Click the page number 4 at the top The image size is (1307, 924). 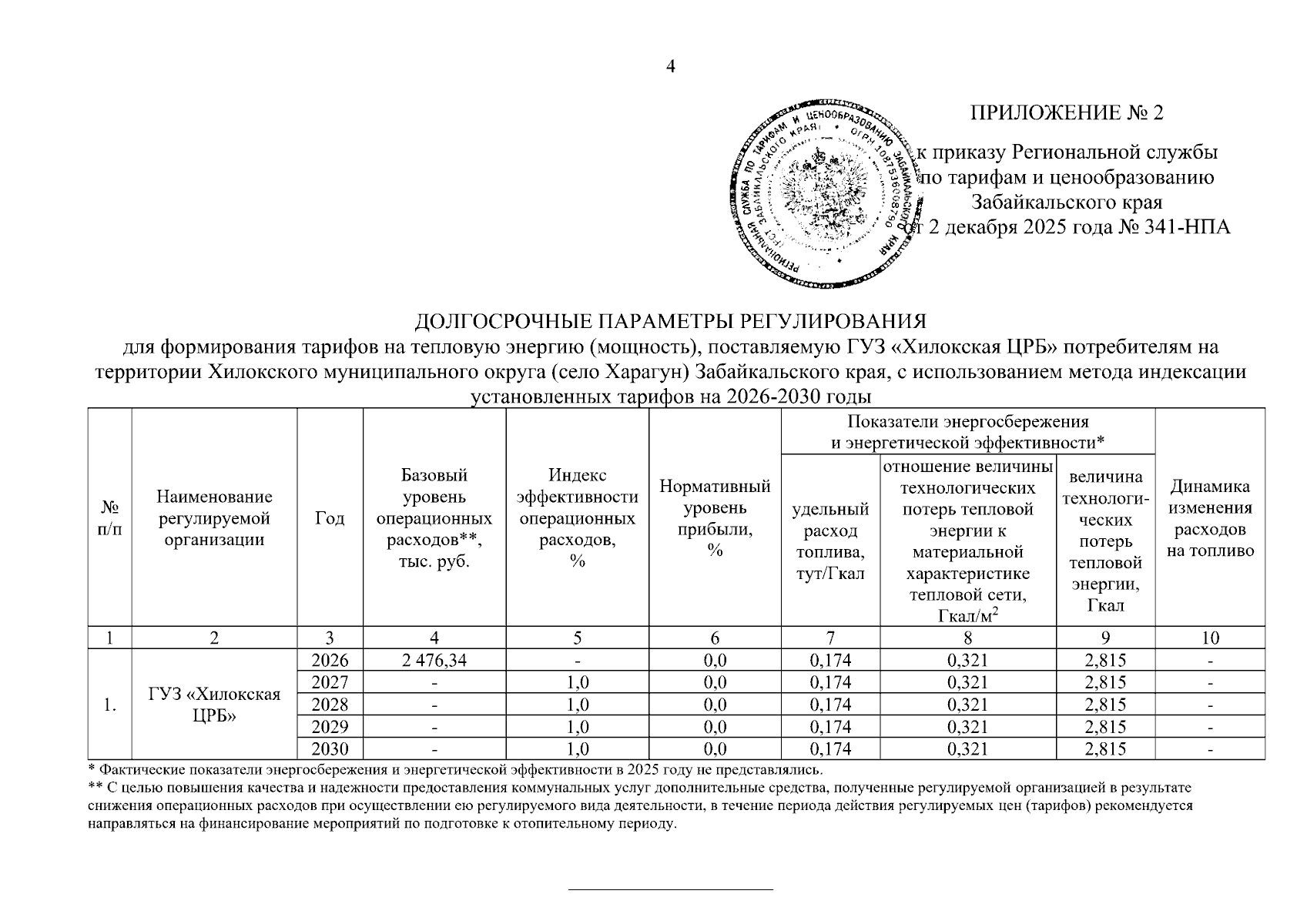670,67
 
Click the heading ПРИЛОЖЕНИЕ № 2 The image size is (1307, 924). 1067,113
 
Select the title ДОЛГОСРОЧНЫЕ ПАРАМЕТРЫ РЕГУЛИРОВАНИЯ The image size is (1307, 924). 669,321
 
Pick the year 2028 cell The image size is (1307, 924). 330,705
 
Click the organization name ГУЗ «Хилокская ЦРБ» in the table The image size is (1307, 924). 214,705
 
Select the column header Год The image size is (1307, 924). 330,518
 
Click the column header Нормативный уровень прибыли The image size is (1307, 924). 715,517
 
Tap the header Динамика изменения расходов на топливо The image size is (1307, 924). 1210,518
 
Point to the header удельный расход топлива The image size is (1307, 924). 830,541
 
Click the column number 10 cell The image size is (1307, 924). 1210,638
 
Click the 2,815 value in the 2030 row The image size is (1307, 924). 1105,749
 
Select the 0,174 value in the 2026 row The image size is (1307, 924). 831,660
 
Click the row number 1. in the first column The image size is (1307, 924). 109,705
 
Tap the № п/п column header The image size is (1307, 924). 110,518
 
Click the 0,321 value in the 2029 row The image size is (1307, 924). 967,727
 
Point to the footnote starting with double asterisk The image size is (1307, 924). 639,805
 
